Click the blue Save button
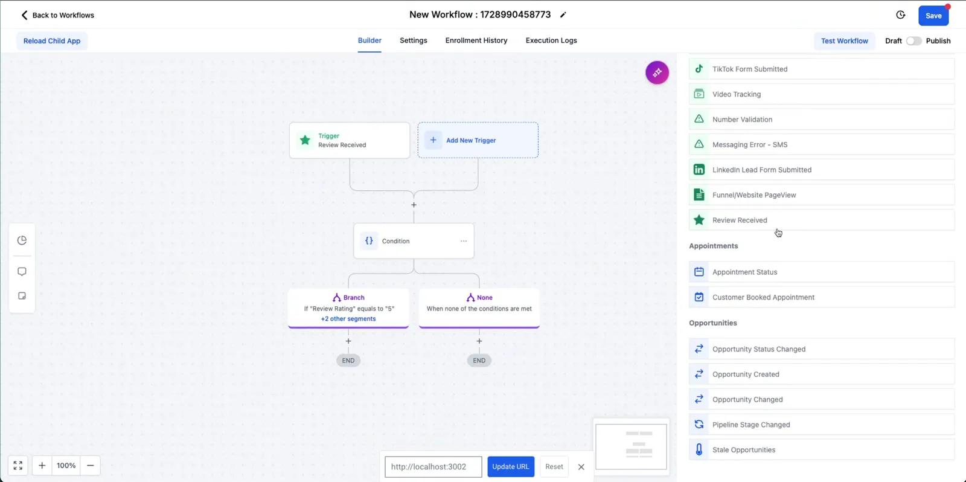click(933, 16)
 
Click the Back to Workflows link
click(57, 15)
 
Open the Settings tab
click(413, 40)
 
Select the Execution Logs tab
click(551, 40)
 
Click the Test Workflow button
click(844, 41)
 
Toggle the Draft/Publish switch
click(913, 41)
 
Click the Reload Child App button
click(52, 41)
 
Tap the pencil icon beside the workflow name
click(563, 15)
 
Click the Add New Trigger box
click(478, 140)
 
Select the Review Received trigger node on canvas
click(350, 140)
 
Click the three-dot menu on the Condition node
click(463, 241)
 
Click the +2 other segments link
click(348, 319)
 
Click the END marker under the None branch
click(479, 361)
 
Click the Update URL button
click(511, 466)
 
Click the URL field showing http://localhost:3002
click(433, 467)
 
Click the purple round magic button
click(657, 72)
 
